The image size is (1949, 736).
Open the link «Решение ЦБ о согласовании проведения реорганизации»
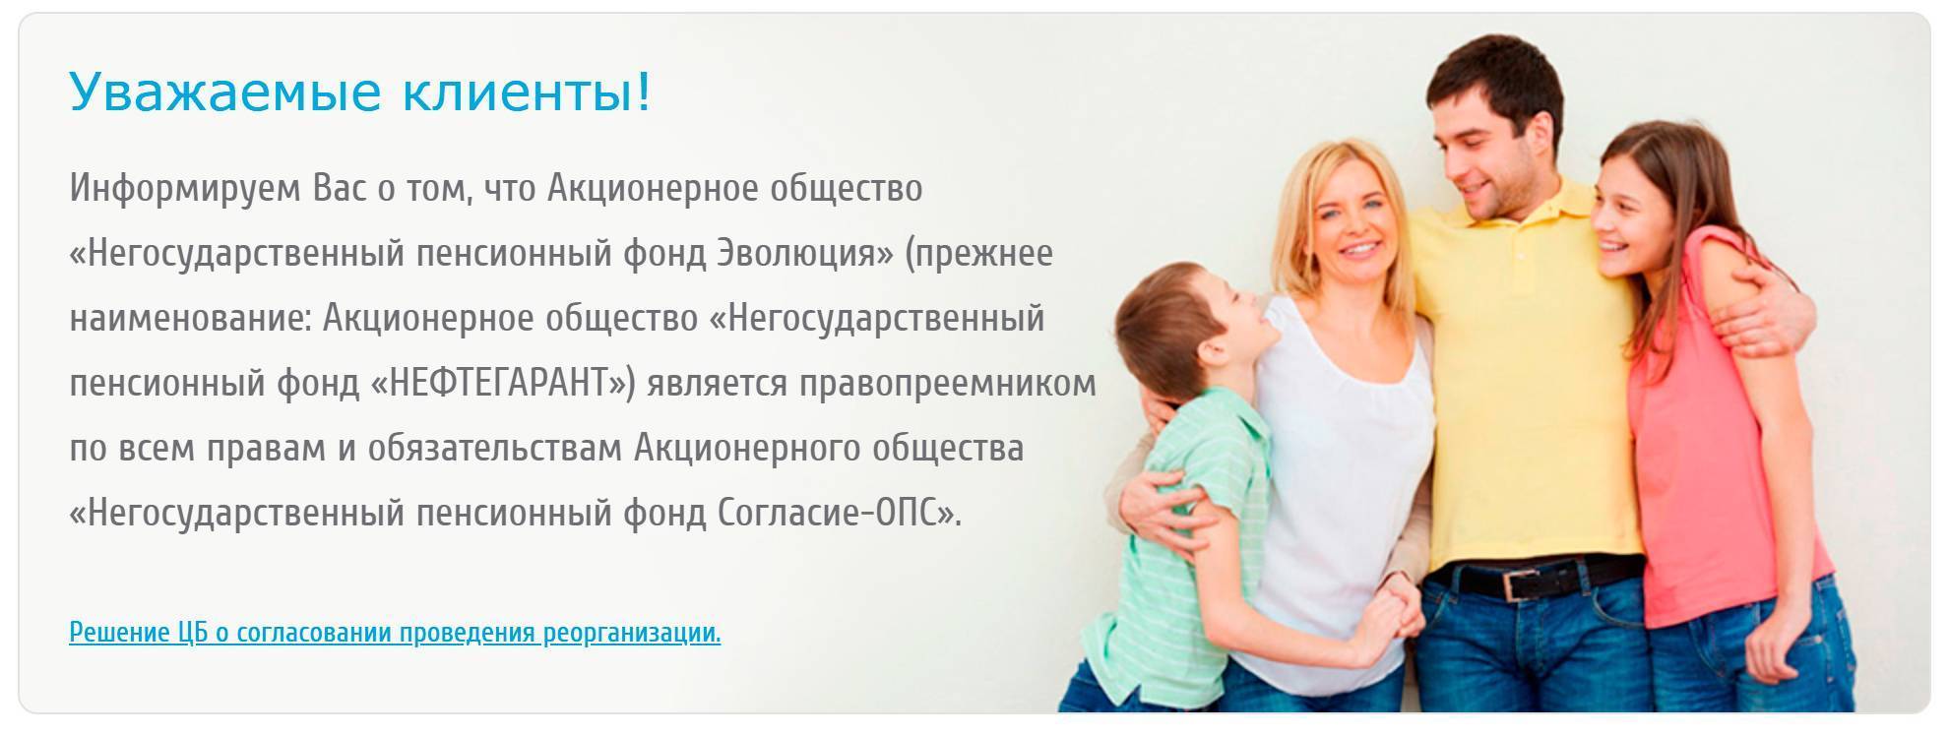tap(395, 633)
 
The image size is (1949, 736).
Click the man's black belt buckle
tap(1522, 583)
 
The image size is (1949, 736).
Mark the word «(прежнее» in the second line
tap(978, 254)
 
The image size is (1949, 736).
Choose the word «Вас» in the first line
tap(341, 189)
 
